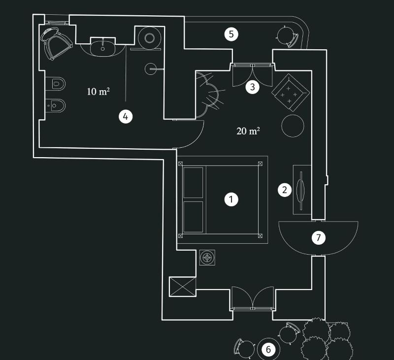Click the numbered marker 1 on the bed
[x=231, y=199]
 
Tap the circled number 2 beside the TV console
[x=285, y=190]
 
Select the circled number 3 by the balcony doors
[x=252, y=87]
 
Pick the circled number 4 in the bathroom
[x=126, y=117]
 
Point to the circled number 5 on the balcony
[x=231, y=34]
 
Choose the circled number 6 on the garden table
[x=268, y=350]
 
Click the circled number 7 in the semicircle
[x=318, y=237]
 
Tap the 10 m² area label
[x=98, y=92]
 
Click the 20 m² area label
[x=248, y=131]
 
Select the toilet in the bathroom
[x=56, y=84]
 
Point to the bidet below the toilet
[x=56, y=105]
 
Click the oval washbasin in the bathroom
[x=102, y=48]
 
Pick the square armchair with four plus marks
[x=291, y=93]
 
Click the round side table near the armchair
[x=293, y=126]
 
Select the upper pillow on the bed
[x=193, y=183]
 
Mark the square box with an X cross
[x=182, y=287]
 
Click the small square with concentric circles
[x=207, y=258]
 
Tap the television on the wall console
[x=301, y=190]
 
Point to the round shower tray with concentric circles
[x=150, y=38]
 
